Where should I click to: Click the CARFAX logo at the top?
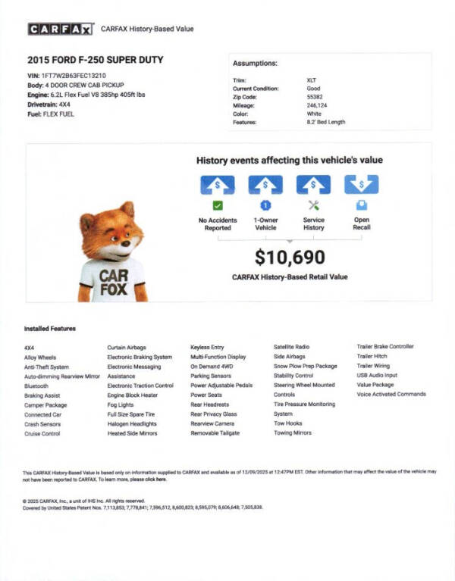[61, 30]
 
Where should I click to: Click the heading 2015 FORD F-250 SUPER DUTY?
[95, 60]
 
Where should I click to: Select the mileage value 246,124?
[317, 105]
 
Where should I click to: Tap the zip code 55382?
[315, 96]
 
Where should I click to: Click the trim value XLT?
[312, 80]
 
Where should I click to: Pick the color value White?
[314, 113]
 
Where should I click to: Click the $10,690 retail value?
[290, 258]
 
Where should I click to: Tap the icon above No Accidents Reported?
[218, 185]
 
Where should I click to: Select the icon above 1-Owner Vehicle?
[265, 185]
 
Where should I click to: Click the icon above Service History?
[313, 185]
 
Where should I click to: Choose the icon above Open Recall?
[362, 185]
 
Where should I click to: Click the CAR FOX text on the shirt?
[113, 275]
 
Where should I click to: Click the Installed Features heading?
[50, 329]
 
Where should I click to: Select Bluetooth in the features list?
[36, 386]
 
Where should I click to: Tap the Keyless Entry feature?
[207, 347]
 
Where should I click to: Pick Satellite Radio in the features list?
[291, 347]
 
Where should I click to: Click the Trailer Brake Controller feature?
[385, 347]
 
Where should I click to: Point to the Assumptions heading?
[255, 63]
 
